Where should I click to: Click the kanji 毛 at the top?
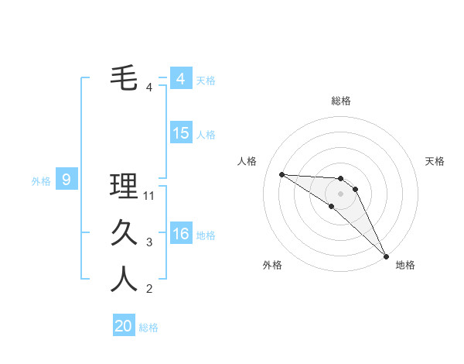[x=125, y=78]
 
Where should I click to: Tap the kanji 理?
[x=125, y=187]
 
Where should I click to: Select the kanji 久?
[x=125, y=233]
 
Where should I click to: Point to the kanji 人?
[x=125, y=280]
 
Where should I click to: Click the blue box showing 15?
[x=181, y=133]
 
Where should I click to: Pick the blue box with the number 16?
[x=181, y=234]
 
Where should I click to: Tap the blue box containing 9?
[x=67, y=180]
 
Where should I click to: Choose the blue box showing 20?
[x=124, y=326]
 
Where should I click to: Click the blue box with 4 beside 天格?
[x=181, y=79]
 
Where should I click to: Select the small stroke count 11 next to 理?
[x=149, y=196]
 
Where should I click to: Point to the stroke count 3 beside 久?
[x=149, y=242]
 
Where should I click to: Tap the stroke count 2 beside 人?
[x=149, y=289]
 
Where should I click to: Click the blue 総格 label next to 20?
[x=148, y=328]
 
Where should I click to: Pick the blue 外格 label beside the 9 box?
[x=41, y=181]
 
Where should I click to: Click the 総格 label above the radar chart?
[x=341, y=101]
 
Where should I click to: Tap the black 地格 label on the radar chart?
[x=405, y=265]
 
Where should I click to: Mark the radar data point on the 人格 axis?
[x=281, y=174]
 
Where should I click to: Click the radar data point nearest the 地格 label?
[x=385, y=256]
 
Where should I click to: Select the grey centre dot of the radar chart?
[x=341, y=193]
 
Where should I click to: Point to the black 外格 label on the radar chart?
[x=272, y=265]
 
